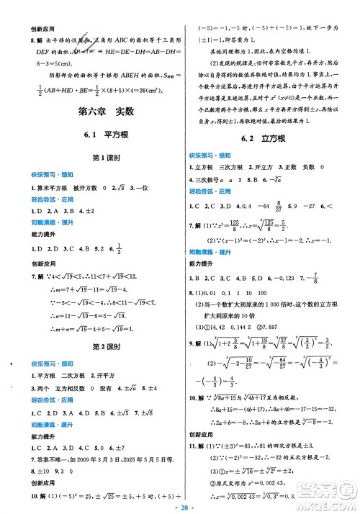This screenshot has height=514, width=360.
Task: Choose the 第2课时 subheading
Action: click(x=90, y=345)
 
